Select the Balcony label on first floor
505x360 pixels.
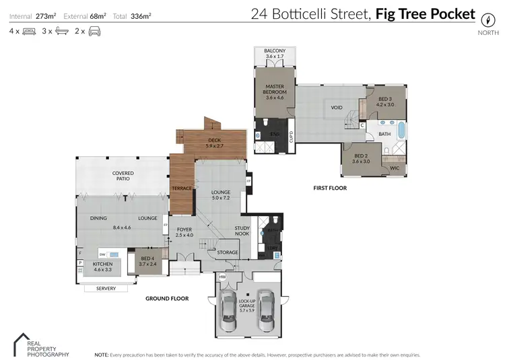point(275,54)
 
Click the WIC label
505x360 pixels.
point(395,168)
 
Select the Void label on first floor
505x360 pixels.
point(337,108)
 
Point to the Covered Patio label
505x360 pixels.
point(123,176)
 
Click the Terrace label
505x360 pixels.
point(182,188)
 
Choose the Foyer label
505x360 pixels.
point(184,232)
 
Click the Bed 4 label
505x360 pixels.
point(146,261)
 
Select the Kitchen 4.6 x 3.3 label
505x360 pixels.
point(102,267)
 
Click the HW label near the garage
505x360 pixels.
point(223,277)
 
